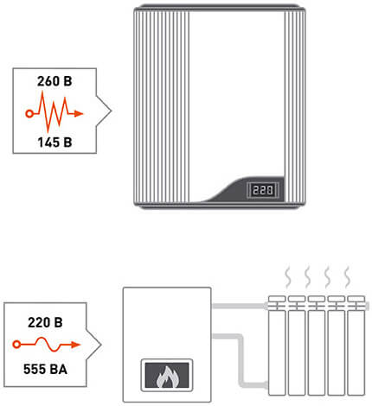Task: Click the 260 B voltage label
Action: pyautogui.click(x=55, y=81)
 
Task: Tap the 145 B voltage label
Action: pyautogui.click(x=55, y=143)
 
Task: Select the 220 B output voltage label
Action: pyautogui.click(x=45, y=322)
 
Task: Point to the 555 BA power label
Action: pyautogui.click(x=45, y=369)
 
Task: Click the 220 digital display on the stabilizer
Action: pyautogui.click(x=263, y=190)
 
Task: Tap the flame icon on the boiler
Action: pyautogui.click(x=167, y=376)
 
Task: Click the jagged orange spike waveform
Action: pyautogui.click(x=54, y=111)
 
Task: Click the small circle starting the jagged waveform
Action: pyautogui.click(x=29, y=114)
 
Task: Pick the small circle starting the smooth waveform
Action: pyautogui.click(x=16, y=344)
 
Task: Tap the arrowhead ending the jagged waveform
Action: pyautogui.click(x=79, y=114)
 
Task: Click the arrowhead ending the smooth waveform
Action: pyautogui.click(x=75, y=345)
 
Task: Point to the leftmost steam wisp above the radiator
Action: pyautogui.click(x=288, y=277)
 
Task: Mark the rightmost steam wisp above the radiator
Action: pyautogui.click(x=348, y=277)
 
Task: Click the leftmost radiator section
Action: pyautogui.click(x=277, y=346)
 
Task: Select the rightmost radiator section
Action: pyautogui.click(x=356, y=346)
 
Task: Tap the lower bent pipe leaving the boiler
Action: pyautogui.click(x=241, y=360)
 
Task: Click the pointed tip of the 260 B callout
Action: pyautogui.click(x=111, y=111)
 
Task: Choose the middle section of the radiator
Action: pyautogui.click(x=317, y=346)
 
